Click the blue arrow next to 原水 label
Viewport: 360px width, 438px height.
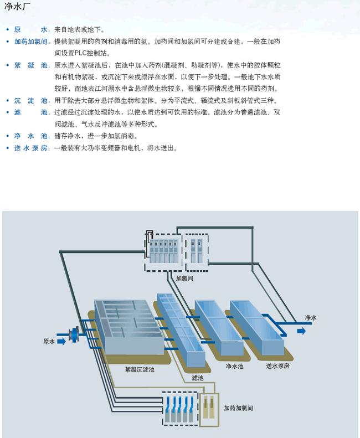point(61,342)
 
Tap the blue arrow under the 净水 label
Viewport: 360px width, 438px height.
point(301,331)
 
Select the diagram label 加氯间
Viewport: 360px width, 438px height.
point(184,279)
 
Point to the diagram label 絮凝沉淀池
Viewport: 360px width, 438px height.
point(140,369)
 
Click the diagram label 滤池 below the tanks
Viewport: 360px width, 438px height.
point(198,378)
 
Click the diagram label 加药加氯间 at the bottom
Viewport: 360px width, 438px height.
point(239,408)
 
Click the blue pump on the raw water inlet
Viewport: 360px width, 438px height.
point(73,334)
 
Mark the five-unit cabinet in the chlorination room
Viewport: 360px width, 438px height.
point(163,251)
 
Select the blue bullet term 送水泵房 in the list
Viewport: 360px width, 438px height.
point(32,148)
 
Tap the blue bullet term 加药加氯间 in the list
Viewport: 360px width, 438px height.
point(32,42)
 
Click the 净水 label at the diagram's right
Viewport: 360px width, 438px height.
point(311,318)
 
